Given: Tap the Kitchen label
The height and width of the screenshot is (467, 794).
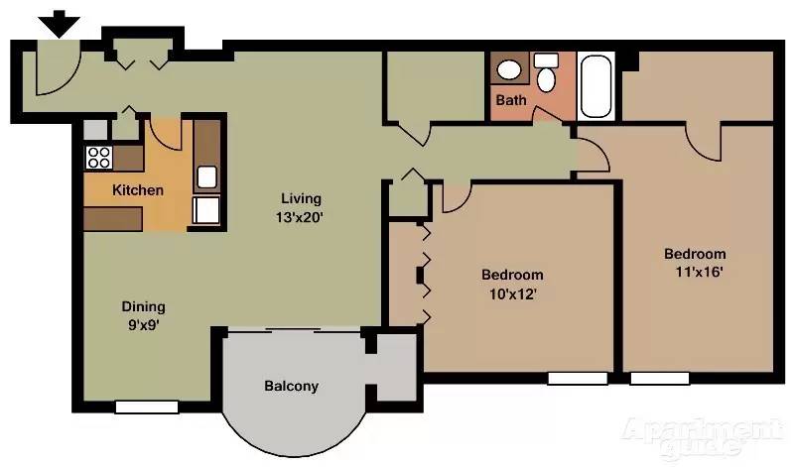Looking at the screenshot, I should tap(137, 190).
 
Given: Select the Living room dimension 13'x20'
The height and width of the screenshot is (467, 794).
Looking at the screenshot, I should tap(301, 215).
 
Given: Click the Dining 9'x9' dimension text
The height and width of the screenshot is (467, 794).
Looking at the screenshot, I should tap(143, 323).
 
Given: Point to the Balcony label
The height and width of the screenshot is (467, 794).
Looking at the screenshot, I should tap(291, 386).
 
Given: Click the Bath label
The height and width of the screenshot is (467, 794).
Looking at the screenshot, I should tap(511, 100).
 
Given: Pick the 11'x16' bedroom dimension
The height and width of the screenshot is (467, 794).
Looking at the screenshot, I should tap(694, 272).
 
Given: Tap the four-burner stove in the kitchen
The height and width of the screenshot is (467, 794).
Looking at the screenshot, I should tap(98, 156).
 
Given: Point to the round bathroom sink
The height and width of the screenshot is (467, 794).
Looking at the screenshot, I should tap(509, 69).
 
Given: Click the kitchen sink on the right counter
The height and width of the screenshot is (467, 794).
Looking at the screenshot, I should tap(207, 177).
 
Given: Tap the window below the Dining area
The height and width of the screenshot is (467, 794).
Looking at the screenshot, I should tap(146, 407).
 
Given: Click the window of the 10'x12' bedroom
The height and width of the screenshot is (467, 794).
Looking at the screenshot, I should tap(578, 378).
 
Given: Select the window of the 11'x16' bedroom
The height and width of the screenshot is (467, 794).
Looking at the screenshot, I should tap(659, 378).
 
